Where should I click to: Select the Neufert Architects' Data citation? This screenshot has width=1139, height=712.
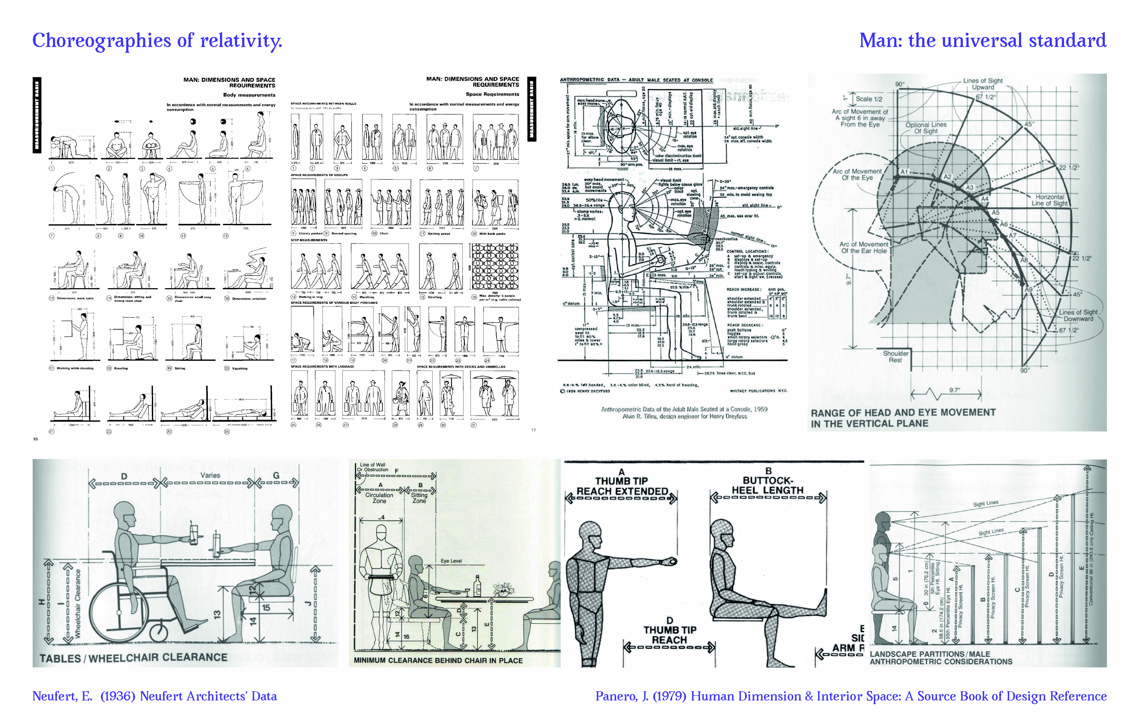(154, 696)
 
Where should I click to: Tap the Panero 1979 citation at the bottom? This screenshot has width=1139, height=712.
(850, 696)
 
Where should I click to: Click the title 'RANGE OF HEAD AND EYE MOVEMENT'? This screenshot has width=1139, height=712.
(903, 413)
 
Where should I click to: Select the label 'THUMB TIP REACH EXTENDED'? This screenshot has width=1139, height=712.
(622, 486)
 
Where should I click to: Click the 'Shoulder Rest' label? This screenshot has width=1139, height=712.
(895, 357)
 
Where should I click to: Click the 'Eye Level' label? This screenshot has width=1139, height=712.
(451, 561)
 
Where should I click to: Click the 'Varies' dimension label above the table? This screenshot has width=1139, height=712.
(210, 475)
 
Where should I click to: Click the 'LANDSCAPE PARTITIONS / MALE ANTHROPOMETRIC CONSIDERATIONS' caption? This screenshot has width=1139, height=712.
(940, 658)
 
